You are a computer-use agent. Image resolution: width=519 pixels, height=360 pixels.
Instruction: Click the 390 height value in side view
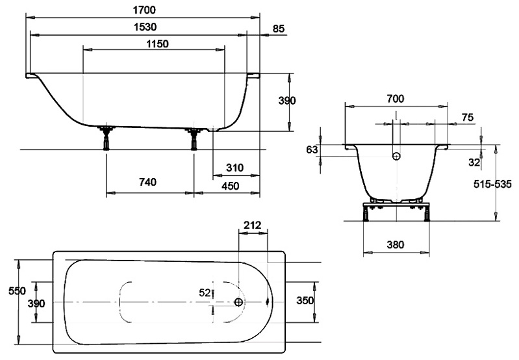(287, 101)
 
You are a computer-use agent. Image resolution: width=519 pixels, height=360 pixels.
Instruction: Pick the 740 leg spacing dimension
(147, 183)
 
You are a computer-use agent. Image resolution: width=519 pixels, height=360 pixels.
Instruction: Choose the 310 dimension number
(234, 168)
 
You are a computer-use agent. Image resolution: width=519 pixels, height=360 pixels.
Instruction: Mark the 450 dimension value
(230, 186)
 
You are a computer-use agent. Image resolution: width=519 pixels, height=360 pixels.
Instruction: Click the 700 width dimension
(395, 99)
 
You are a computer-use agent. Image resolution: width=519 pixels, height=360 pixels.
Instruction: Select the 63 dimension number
(312, 150)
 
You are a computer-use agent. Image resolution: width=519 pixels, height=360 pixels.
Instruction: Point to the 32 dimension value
(474, 162)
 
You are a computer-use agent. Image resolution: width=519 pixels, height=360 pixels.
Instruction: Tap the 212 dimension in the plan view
(251, 225)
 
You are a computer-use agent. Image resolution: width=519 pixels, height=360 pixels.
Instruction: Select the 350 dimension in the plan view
(305, 301)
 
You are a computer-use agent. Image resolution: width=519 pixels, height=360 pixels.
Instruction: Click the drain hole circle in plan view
(239, 302)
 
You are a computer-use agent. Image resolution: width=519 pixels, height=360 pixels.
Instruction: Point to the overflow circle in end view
(395, 155)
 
